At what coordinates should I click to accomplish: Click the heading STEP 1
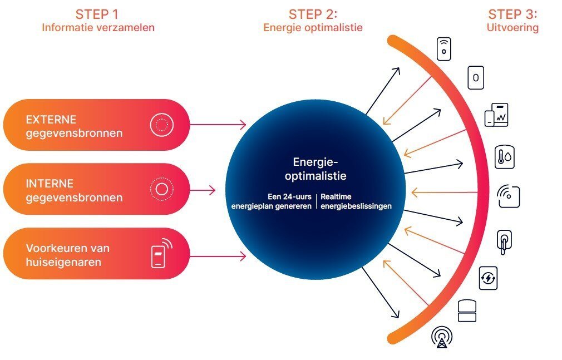coord(97,14)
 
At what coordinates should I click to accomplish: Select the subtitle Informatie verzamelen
coord(98,27)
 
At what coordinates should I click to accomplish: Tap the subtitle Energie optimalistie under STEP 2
coord(313,27)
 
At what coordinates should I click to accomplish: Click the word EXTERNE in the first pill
coord(51,120)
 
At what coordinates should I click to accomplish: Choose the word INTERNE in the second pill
coord(50,184)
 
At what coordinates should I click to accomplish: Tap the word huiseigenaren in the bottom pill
coord(63,262)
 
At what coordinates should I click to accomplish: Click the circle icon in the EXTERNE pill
coord(161,125)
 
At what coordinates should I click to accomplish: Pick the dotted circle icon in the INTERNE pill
coord(161,189)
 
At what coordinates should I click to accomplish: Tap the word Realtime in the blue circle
coord(336,197)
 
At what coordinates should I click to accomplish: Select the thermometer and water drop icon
coord(504,157)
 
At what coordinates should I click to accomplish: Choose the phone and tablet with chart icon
coord(496,115)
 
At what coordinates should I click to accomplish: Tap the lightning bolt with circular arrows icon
coord(488,278)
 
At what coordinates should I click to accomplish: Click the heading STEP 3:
coord(512,14)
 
